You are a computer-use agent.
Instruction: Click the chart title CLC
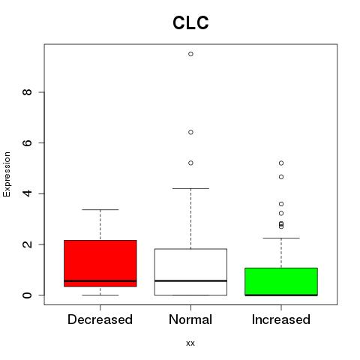point(190,22)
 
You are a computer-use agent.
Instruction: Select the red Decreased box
point(100,263)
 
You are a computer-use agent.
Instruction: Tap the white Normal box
point(190,271)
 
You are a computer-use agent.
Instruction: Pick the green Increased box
point(281,281)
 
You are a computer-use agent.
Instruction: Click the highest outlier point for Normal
point(190,54)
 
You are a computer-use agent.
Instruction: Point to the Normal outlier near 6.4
point(190,132)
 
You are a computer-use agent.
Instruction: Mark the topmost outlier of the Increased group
point(281,163)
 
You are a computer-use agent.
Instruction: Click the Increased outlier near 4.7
point(281,177)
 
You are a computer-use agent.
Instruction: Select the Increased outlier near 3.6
point(281,204)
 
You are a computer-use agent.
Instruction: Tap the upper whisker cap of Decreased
point(100,209)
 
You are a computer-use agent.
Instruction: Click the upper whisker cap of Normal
point(190,188)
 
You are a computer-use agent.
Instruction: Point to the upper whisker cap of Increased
point(281,238)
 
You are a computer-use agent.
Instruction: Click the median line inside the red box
point(100,281)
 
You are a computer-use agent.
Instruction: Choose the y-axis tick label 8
point(27,92)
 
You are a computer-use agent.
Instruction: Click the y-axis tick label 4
point(27,193)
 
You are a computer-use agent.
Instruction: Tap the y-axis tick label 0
point(27,295)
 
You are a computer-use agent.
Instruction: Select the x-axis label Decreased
point(100,319)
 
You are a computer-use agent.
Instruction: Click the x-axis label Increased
point(281,319)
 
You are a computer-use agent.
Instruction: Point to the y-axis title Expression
point(7,174)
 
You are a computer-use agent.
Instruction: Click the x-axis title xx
point(190,343)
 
